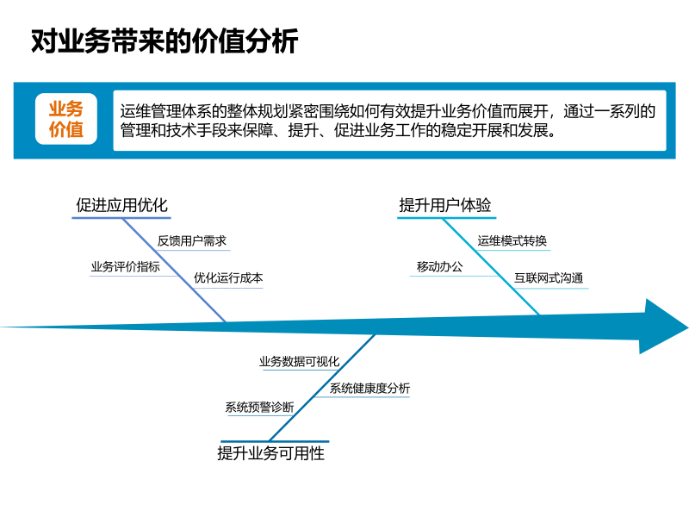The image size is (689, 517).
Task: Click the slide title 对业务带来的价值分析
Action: point(164,41)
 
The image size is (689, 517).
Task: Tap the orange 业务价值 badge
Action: point(66,120)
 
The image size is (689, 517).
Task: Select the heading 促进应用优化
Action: point(121,205)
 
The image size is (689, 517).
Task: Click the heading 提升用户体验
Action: point(445,205)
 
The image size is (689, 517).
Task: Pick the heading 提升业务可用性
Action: point(271,452)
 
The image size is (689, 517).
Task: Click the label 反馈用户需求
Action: point(192,241)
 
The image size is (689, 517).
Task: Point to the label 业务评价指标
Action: point(125,267)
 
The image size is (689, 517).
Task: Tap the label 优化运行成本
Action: point(228,278)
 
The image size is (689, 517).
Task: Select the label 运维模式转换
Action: point(512,241)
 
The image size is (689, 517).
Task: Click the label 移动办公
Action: point(439,267)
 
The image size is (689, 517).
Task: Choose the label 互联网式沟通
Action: point(549,278)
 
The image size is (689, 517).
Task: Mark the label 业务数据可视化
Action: point(300,362)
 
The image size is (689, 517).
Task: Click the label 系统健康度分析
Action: point(369,389)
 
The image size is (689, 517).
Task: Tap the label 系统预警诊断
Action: point(259,408)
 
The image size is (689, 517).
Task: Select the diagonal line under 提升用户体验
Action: point(493,267)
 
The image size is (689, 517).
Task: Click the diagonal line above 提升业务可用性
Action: point(323,388)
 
